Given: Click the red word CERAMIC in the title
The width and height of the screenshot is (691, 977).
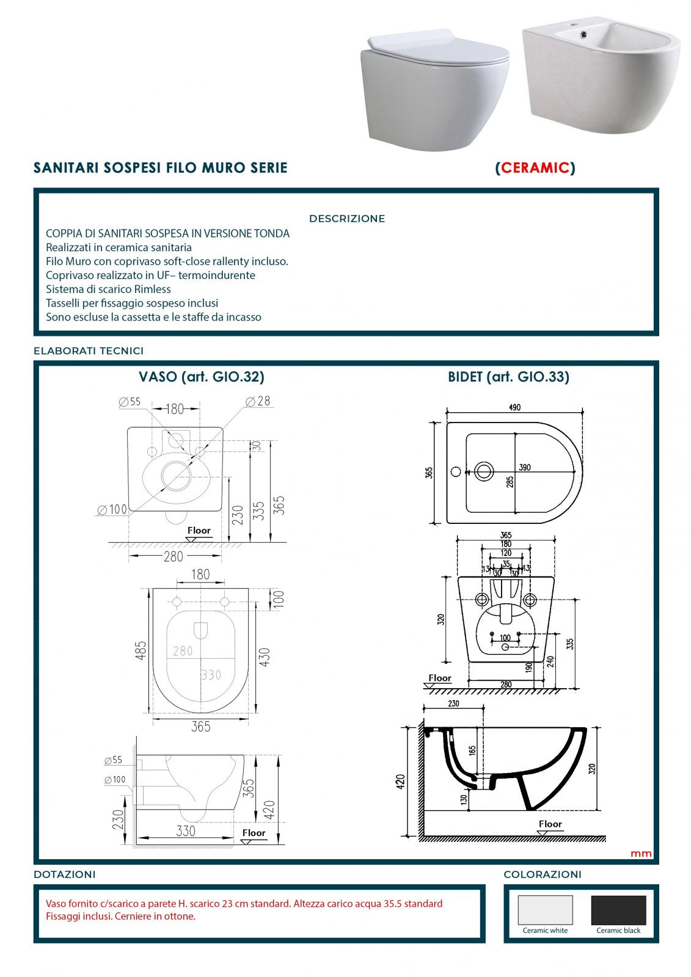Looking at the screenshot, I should pyautogui.click(x=535, y=168).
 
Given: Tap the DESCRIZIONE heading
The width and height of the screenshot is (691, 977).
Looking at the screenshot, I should pyautogui.click(x=347, y=219).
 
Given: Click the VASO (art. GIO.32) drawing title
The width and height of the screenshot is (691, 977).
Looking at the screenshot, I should pyautogui.click(x=202, y=377).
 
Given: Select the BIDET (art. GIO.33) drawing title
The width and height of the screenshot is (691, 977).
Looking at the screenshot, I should pyautogui.click(x=508, y=377).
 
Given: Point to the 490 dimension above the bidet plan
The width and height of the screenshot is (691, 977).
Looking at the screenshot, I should pyautogui.click(x=514, y=407).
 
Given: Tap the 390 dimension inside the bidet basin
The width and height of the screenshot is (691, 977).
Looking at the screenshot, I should pyautogui.click(x=525, y=467).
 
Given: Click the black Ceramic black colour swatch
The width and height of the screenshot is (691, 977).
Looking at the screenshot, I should pyautogui.click(x=618, y=910).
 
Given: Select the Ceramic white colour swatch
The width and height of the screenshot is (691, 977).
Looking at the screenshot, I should pyautogui.click(x=545, y=910).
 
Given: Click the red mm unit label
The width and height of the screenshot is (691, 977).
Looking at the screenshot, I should pyautogui.click(x=641, y=854).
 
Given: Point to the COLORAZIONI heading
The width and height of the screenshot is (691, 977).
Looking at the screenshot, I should pyautogui.click(x=542, y=874).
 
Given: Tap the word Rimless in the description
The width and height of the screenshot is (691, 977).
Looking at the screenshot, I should pyautogui.click(x=152, y=289).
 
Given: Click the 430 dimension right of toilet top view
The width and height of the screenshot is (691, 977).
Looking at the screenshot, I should pyautogui.click(x=265, y=657).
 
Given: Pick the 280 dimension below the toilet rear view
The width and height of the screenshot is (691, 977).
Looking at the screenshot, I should pyautogui.click(x=174, y=556).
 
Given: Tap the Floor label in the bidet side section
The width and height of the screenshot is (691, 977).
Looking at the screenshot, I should pyautogui.click(x=550, y=824).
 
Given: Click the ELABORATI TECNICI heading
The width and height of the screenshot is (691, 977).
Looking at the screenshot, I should pyautogui.click(x=89, y=351).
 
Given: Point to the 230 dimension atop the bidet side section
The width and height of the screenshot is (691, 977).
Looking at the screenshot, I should pyautogui.click(x=453, y=703).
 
